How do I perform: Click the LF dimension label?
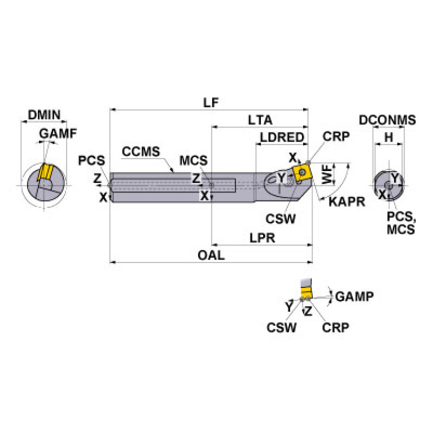pos(211,103)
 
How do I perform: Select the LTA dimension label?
pos(260,120)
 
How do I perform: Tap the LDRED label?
pos(282,137)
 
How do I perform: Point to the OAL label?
pos(211,255)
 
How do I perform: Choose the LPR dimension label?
pos(263,238)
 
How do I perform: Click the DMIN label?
pos(44,115)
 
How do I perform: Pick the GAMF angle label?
pos(58,134)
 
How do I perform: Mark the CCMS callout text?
pos(141,152)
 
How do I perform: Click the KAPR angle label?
pos(347,202)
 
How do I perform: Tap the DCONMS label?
pos(387,120)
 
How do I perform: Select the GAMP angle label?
pos(355,296)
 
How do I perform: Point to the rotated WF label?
pos(327,174)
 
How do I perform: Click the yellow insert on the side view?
pos(303,173)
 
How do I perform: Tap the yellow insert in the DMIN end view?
pos(43,172)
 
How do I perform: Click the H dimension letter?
pos(388,137)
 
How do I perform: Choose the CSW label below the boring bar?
pos(281,219)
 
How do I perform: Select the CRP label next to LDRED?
pos(336,136)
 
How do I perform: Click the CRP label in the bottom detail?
pos(335,327)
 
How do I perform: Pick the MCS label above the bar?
pos(193,160)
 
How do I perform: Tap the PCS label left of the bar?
pos(91,160)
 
